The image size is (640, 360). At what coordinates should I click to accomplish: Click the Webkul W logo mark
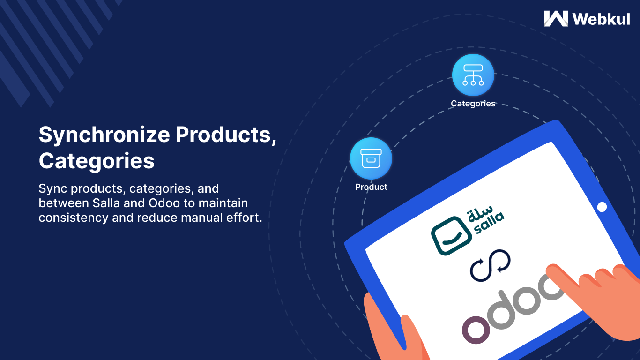[x=556, y=19]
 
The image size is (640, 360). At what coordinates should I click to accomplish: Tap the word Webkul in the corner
[x=601, y=19]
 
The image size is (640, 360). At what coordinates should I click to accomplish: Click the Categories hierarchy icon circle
[x=473, y=75]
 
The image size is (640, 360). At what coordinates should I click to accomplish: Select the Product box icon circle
[x=371, y=158]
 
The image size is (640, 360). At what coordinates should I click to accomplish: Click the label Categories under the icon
[x=473, y=104]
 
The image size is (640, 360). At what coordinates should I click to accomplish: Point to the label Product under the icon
[x=371, y=187]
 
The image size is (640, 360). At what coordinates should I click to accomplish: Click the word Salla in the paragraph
[x=106, y=203]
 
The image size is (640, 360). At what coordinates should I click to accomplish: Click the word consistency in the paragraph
[x=74, y=218]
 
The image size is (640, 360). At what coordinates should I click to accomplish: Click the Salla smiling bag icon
[x=451, y=236]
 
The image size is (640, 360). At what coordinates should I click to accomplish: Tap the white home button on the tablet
[x=602, y=207]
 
